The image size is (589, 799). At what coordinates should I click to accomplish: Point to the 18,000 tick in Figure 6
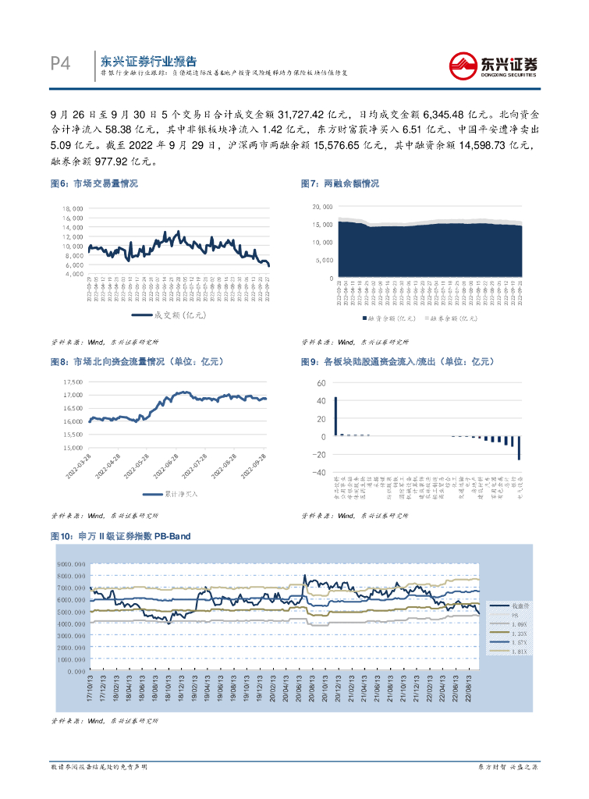pos(73,209)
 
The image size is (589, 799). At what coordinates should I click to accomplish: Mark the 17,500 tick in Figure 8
pos(73,382)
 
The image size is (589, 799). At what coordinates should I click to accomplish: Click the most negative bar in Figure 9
pos(519,448)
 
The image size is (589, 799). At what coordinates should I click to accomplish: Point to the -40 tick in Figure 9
pos(320,473)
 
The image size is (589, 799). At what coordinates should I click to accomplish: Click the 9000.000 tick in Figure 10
pos(71,563)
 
